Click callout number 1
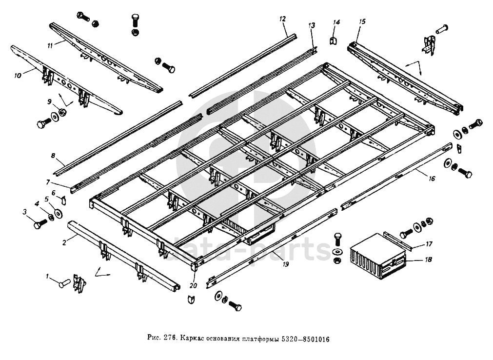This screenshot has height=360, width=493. [x=48, y=277]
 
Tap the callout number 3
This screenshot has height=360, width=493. [x=24, y=211]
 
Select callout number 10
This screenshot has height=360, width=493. [x=18, y=76]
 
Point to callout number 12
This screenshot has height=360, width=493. [x=282, y=19]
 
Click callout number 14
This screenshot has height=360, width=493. [x=335, y=22]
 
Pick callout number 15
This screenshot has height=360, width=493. [x=362, y=21]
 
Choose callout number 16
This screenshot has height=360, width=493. [x=432, y=179]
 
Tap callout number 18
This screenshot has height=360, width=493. [x=428, y=260]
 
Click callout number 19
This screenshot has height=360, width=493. [x=285, y=264]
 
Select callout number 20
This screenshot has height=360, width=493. [x=194, y=286]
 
